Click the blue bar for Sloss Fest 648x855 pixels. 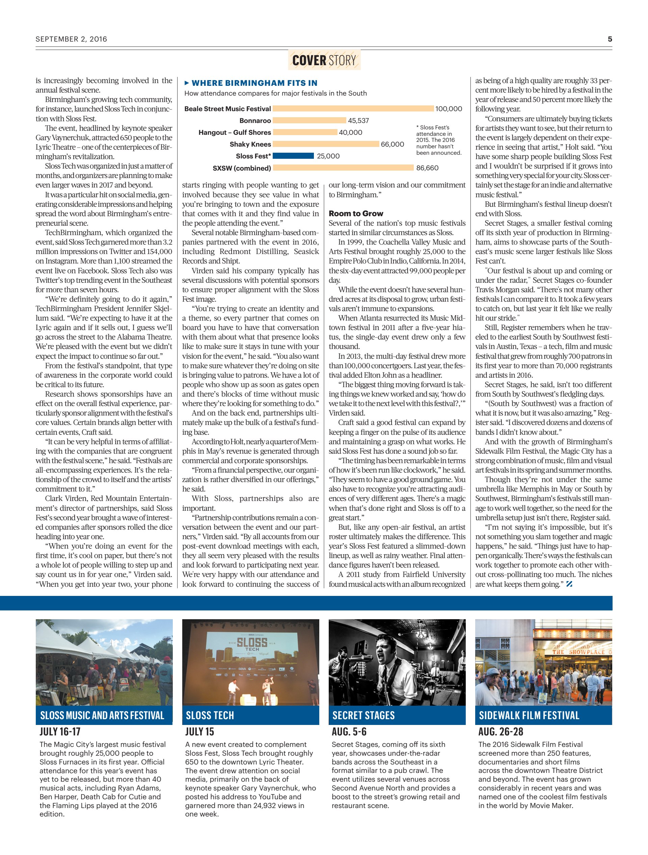pyautogui.click(x=293, y=156)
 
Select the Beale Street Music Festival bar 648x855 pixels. pyautogui.click(x=353, y=109)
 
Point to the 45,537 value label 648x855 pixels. pyautogui.click(x=358, y=121)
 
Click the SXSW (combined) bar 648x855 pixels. pyautogui.click(x=343, y=168)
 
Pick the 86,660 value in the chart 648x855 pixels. pyautogui.click(x=427, y=168)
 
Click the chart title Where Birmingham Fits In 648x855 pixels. pyautogui.click(x=254, y=83)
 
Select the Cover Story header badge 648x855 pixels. pyautogui.click(x=324, y=60)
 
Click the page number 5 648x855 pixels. pyautogui.click(x=610, y=39)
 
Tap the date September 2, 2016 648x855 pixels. pyautogui.click(x=72, y=39)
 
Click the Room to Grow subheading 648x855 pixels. pyautogui.click(x=356, y=213)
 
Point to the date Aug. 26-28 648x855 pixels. pyautogui.click(x=501, y=732)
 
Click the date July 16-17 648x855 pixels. pyautogui.click(x=60, y=732)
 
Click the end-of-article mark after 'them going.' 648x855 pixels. pyautogui.click(x=569, y=584)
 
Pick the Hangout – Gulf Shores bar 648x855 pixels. pyautogui.click(x=305, y=132)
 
